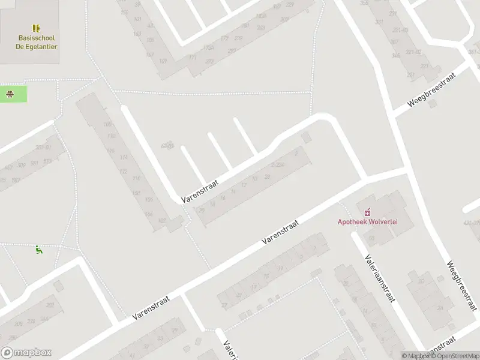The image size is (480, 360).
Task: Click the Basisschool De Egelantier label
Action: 37,42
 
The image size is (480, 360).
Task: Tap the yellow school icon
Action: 37,28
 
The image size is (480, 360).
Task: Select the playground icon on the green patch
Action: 10,94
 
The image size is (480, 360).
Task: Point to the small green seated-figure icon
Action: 39,250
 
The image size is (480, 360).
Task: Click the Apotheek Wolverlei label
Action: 367,221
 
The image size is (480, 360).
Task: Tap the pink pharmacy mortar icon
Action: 367,211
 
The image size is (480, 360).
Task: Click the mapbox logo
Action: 26,353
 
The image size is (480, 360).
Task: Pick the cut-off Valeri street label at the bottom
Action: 229,350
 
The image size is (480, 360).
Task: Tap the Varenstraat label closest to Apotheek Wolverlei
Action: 280,231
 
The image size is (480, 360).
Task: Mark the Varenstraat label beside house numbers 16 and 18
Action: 200,190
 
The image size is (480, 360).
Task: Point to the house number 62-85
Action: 167,146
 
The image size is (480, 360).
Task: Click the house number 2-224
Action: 277,165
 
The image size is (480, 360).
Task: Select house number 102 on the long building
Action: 161,221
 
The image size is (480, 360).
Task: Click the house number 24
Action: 440,308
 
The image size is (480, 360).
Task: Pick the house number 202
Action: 50,305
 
